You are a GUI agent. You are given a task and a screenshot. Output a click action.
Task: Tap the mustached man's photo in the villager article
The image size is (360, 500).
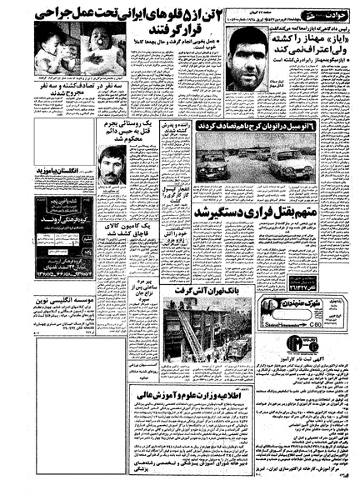[x=111, y=164]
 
